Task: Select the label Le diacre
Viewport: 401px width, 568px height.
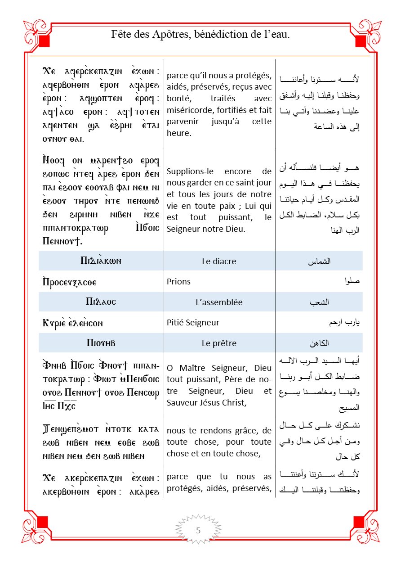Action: pyautogui.click(x=219, y=261)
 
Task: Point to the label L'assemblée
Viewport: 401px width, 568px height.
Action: pyautogui.click(x=219, y=302)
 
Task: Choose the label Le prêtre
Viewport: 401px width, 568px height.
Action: pyautogui.click(x=219, y=343)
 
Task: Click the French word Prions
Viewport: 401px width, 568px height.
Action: pyautogui.click(x=178, y=282)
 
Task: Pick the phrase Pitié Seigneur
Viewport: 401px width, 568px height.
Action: pyautogui.click(x=193, y=323)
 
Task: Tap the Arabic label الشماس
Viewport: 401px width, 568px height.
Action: pyautogui.click(x=321, y=261)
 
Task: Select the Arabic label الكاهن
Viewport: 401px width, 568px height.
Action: pyautogui.click(x=320, y=343)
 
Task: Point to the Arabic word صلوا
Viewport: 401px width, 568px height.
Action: pyautogui.click(x=353, y=282)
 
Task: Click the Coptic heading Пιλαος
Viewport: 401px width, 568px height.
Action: pyautogui.click(x=101, y=302)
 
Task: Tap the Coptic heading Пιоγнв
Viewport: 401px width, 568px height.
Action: pyautogui.click(x=101, y=343)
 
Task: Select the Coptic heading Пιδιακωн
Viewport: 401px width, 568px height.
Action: pyautogui.click(x=101, y=261)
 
